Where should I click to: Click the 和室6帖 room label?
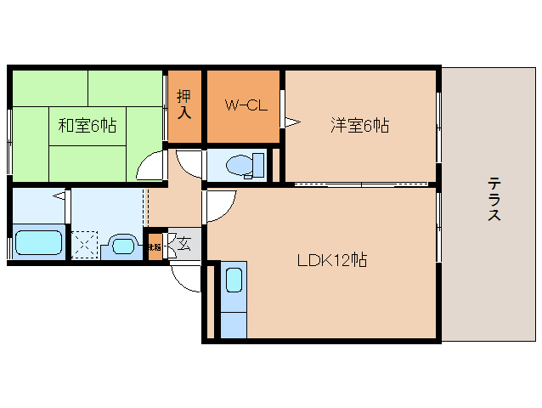tap(87, 126)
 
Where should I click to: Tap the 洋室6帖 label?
tap(359, 126)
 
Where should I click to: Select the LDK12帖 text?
tap(331, 261)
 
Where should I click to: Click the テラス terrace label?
tap(494, 199)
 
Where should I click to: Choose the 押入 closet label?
tap(183, 103)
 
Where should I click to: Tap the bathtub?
tap(39, 241)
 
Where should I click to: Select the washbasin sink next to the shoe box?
tap(123, 246)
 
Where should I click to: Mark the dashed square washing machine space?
tap(85, 244)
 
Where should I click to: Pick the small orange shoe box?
tap(155, 248)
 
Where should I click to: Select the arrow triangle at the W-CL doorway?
tap(291, 122)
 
